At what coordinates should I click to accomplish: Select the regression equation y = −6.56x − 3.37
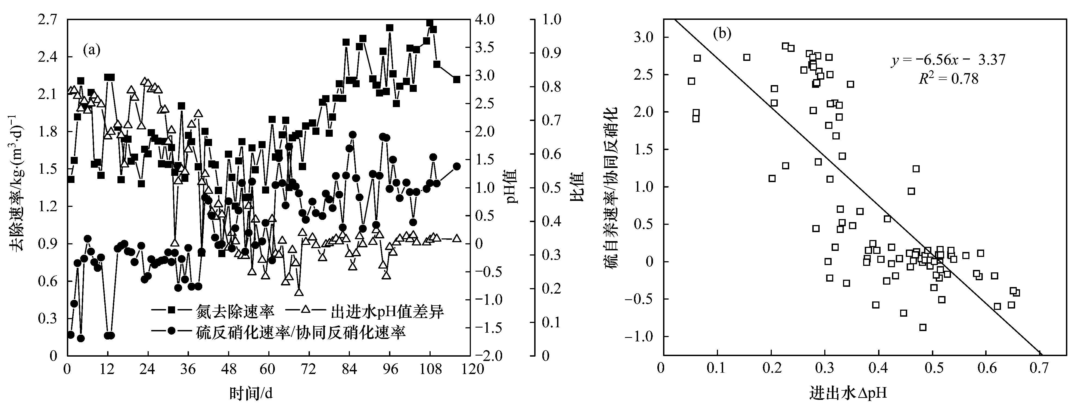pyautogui.click(x=948, y=60)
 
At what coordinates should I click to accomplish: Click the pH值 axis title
pyautogui.click(x=512, y=187)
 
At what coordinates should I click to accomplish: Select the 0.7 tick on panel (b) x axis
pyautogui.click(x=1039, y=368)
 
